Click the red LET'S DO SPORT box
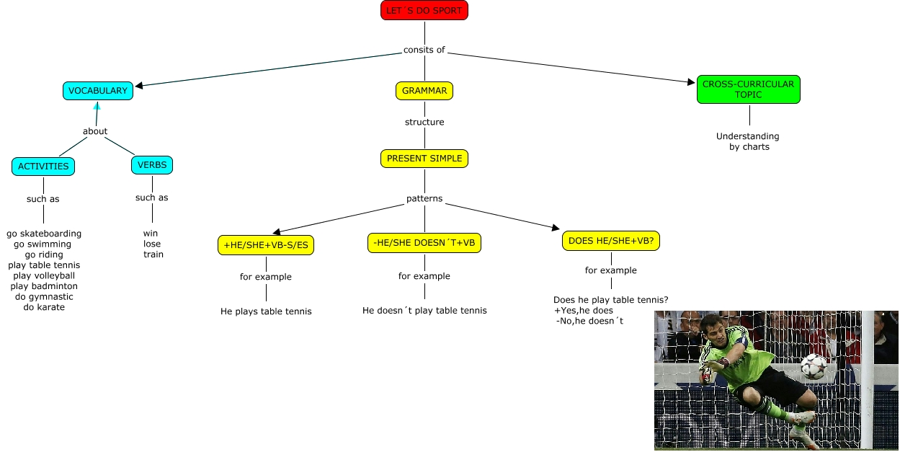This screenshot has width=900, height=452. pyautogui.click(x=424, y=11)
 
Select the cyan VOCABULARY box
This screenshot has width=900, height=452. pyautogui.click(x=97, y=91)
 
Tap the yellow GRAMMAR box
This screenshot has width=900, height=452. pyautogui.click(x=424, y=91)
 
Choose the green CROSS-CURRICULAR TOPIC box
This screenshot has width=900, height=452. pyautogui.click(x=748, y=89)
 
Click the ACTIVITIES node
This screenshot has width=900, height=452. pyautogui.click(x=43, y=166)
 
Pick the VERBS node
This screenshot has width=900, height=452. pyautogui.click(x=152, y=165)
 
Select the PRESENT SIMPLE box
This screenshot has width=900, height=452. pyautogui.click(x=424, y=159)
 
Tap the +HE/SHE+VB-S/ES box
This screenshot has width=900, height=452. pyautogui.click(x=266, y=245)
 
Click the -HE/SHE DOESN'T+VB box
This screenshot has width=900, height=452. pyautogui.click(x=424, y=243)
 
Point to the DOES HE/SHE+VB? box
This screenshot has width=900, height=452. pyautogui.click(x=611, y=241)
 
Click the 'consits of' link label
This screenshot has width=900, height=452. pyautogui.click(x=424, y=50)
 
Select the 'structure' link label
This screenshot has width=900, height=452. pyautogui.click(x=424, y=122)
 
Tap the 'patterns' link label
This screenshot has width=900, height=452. pyautogui.click(x=424, y=198)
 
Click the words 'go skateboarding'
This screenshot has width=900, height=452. pyautogui.click(x=44, y=234)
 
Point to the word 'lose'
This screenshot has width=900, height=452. pyautogui.click(x=152, y=244)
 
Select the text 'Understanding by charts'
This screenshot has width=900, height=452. pyautogui.click(x=748, y=141)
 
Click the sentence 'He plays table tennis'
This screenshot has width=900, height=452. pyautogui.click(x=266, y=311)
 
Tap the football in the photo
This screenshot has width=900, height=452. pyautogui.click(x=814, y=365)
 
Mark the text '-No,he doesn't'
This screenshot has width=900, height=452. pyautogui.click(x=590, y=321)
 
